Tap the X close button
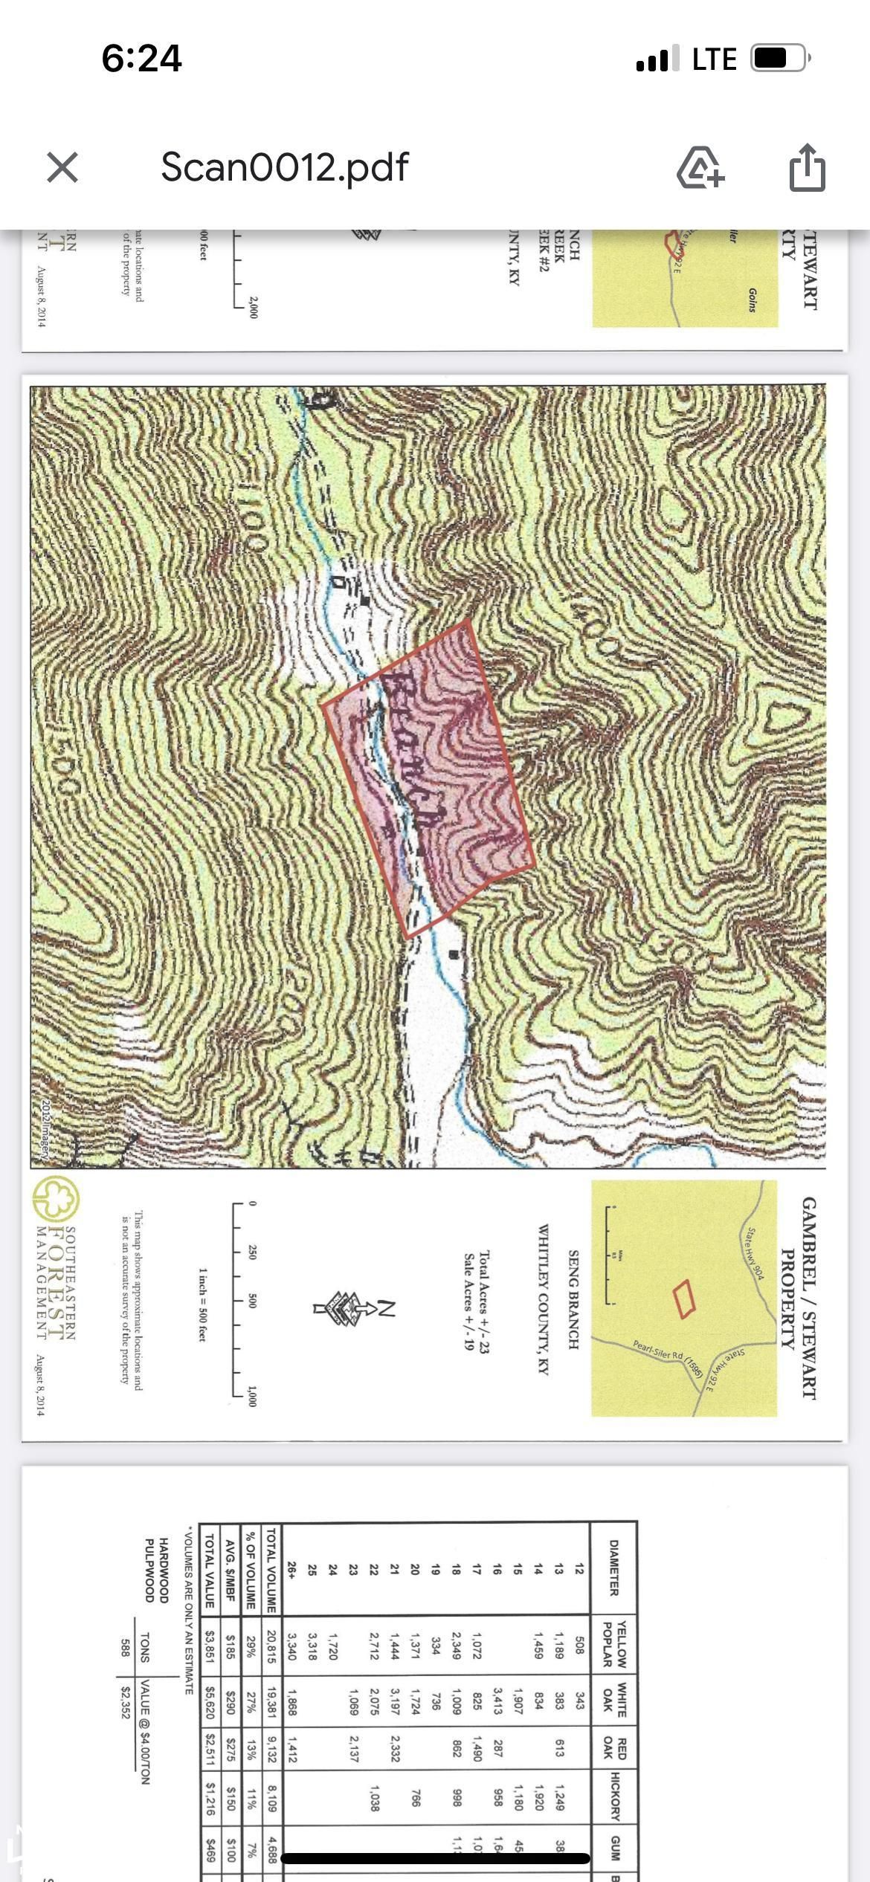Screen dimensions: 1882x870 (62, 167)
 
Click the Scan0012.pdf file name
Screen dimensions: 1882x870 (284, 167)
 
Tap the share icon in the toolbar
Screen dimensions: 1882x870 (807, 167)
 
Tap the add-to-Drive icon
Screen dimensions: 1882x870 (700, 167)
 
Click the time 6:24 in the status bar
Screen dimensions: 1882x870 (141, 59)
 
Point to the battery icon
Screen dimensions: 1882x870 (779, 59)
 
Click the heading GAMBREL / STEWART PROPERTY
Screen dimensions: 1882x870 (799, 1298)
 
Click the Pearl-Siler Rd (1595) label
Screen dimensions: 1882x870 (668, 1356)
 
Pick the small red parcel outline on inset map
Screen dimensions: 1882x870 (683, 1299)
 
